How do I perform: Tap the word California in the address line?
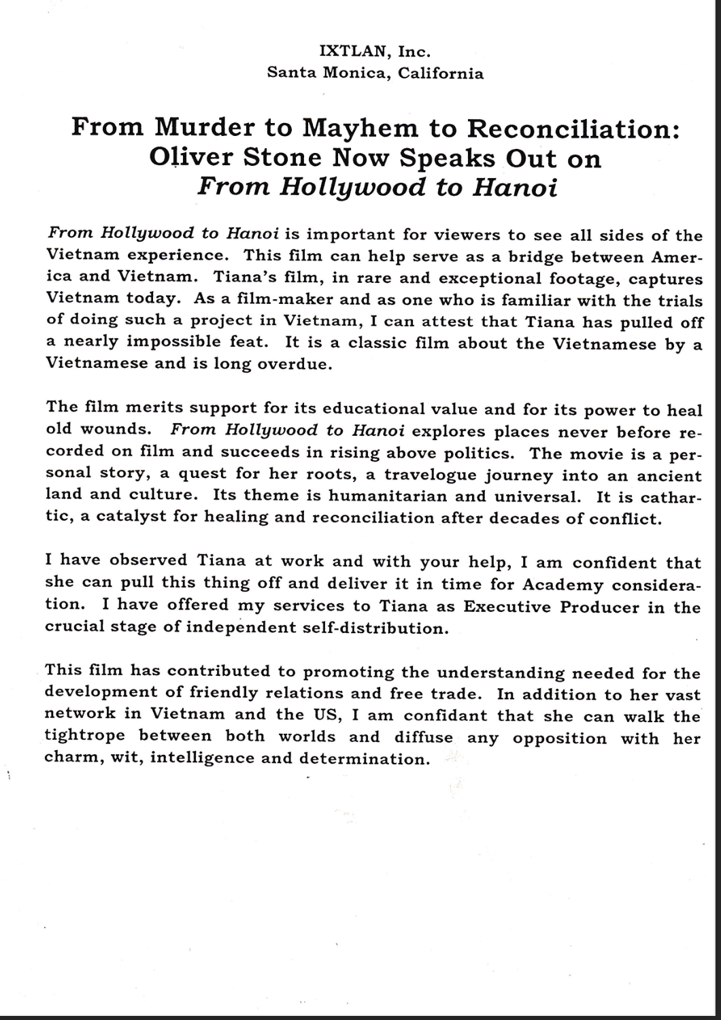coord(441,73)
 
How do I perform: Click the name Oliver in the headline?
coord(192,158)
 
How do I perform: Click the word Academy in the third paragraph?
coord(563,584)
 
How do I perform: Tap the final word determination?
coord(364,758)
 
